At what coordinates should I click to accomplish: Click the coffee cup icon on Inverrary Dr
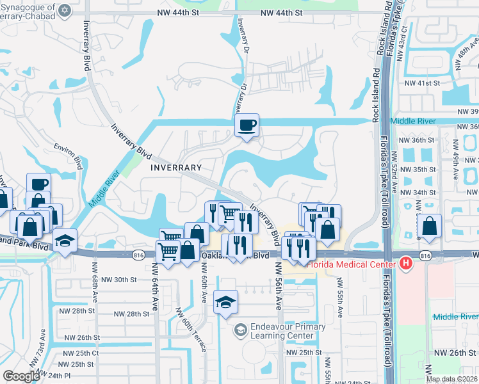pyautogui.click(x=247, y=125)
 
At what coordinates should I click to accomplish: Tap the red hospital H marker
pyautogui.click(x=405, y=263)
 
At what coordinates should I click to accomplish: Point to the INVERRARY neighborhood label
pyautogui.click(x=175, y=167)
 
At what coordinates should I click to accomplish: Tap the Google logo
pyautogui.click(x=21, y=376)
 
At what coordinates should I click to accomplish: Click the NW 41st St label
pyautogui.click(x=422, y=83)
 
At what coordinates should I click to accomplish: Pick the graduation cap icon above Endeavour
pyautogui.click(x=225, y=301)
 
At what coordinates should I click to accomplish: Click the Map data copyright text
pyautogui.click(x=451, y=379)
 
